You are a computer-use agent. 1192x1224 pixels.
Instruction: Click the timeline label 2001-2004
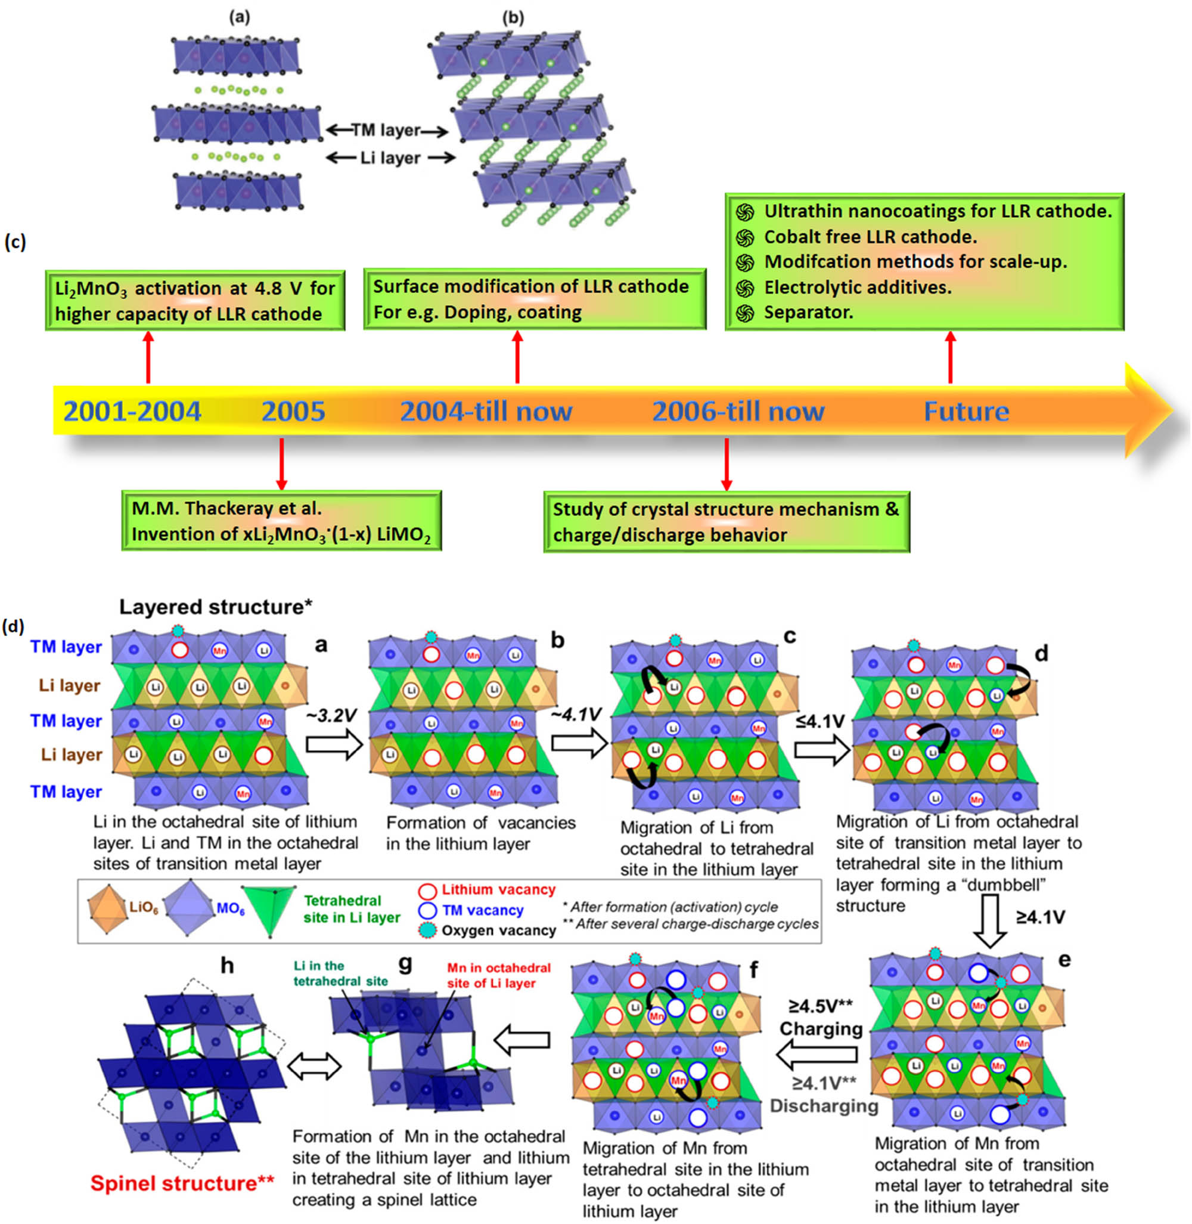(x=132, y=412)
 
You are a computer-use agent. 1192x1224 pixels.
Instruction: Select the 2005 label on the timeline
(x=293, y=412)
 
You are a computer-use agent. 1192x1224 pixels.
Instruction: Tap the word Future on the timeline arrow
(x=966, y=412)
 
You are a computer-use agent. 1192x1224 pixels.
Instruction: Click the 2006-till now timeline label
(x=738, y=412)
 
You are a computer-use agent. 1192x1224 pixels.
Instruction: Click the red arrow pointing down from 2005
(x=282, y=463)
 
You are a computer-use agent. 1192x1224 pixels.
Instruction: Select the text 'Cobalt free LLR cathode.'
(x=870, y=237)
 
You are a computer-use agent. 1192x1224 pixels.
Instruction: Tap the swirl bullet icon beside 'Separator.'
(x=744, y=313)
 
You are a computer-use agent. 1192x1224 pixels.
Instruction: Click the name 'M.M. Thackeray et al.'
(x=226, y=508)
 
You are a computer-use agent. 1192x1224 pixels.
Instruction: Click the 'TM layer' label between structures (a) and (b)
(x=386, y=130)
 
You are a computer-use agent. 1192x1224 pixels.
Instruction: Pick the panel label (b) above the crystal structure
(x=513, y=17)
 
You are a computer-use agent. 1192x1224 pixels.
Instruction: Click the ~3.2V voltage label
(x=332, y=715)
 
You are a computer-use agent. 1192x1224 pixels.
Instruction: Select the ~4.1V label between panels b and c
(x=576, y=714)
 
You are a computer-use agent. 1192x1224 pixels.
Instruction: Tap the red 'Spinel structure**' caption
(x=182, y=1183)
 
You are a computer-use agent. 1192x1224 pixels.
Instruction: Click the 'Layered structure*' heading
(x=215, y=607)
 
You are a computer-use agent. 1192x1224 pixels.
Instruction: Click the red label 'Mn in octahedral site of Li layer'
(x=498, y=975)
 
